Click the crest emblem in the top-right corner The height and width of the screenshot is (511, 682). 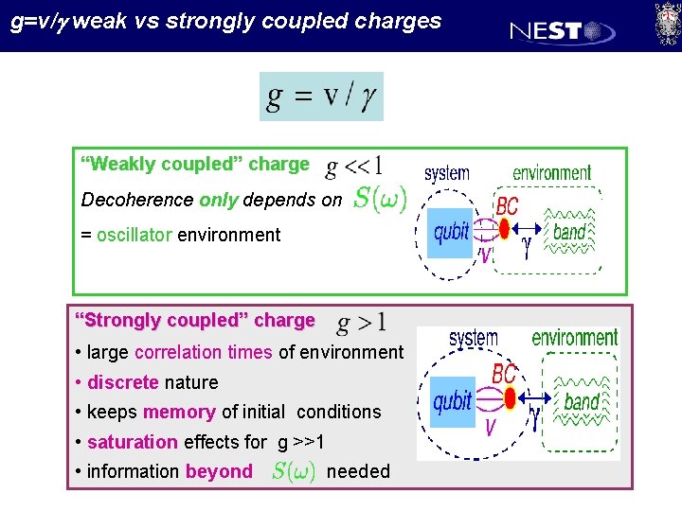667,23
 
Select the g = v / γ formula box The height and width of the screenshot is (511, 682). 321,97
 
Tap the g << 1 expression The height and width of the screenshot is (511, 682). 353,167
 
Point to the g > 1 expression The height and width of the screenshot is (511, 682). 361,323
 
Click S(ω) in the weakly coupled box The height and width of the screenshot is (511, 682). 380,199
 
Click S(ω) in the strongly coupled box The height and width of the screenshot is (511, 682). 294,470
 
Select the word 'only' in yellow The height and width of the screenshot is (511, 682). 219,200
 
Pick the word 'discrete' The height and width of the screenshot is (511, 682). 122,382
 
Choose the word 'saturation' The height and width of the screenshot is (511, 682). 132,442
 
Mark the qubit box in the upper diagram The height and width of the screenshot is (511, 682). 451,233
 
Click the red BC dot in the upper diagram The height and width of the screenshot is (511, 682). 506,227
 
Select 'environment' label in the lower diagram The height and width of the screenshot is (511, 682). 574,338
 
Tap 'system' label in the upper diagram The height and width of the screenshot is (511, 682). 446,174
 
